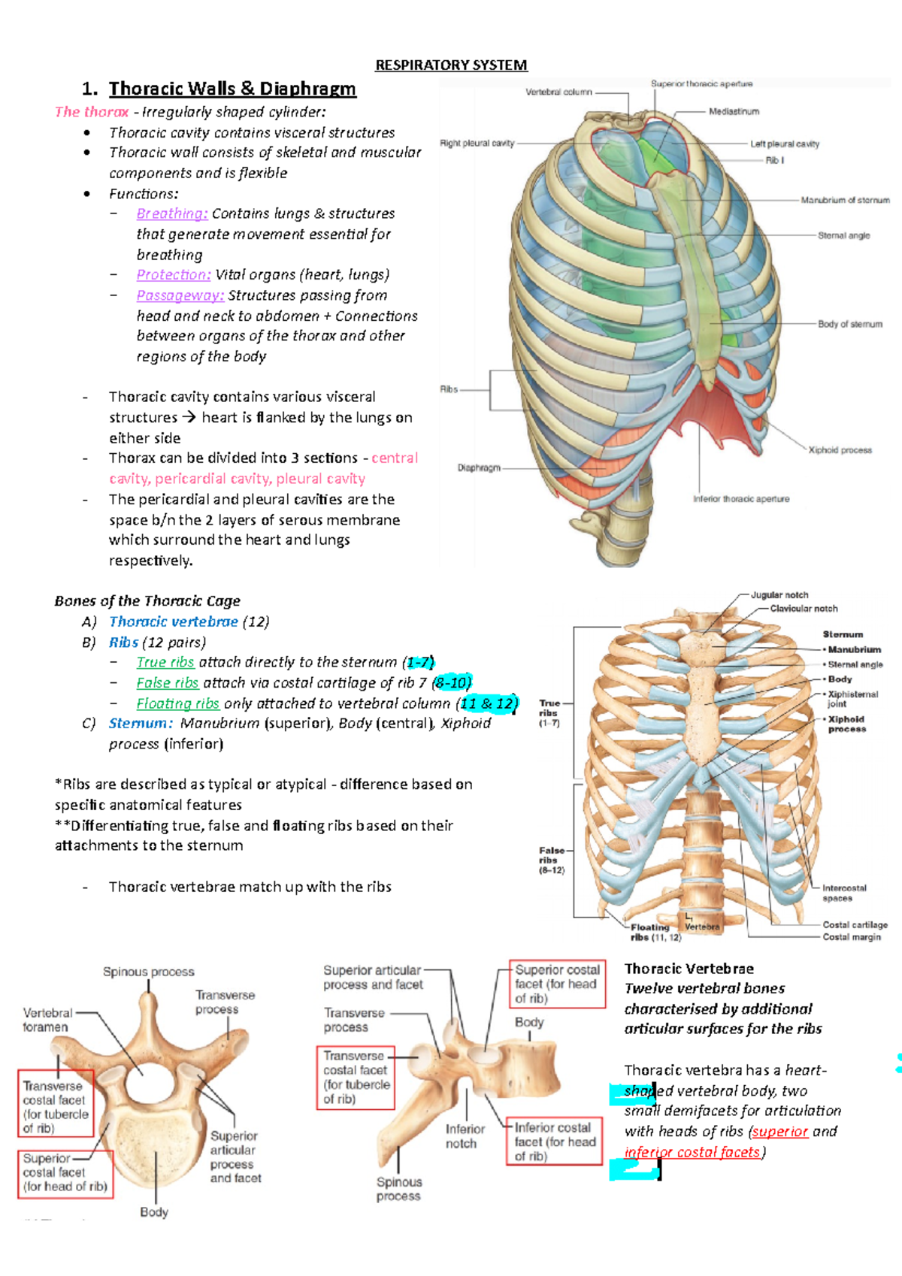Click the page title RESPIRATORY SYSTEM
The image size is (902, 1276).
(451, 65)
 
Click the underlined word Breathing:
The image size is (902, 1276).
(172, 214)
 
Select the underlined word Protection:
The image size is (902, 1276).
(174, 275)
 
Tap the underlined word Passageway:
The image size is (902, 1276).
(180, 296)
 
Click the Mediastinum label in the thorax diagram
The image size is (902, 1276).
(734, 112)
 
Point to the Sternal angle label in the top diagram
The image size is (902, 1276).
(843, 236)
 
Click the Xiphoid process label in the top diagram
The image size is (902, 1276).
(840, 450)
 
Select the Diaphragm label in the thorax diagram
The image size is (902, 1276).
(479, 468)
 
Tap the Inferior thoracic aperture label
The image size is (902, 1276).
(740, 499)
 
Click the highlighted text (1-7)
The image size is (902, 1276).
(419, 663)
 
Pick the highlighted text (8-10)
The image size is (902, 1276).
(452, 683)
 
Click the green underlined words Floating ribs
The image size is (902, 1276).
(177, 704)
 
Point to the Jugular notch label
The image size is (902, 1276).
(779, 595)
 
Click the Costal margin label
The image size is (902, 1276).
(852, 937)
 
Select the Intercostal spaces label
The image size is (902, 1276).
(843, 893)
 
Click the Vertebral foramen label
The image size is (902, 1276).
(47, 1020)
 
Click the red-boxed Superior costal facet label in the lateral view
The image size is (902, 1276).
(557, 984)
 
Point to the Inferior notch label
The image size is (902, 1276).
(464, 1136)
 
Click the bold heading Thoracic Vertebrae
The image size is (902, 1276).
(689, 969)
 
